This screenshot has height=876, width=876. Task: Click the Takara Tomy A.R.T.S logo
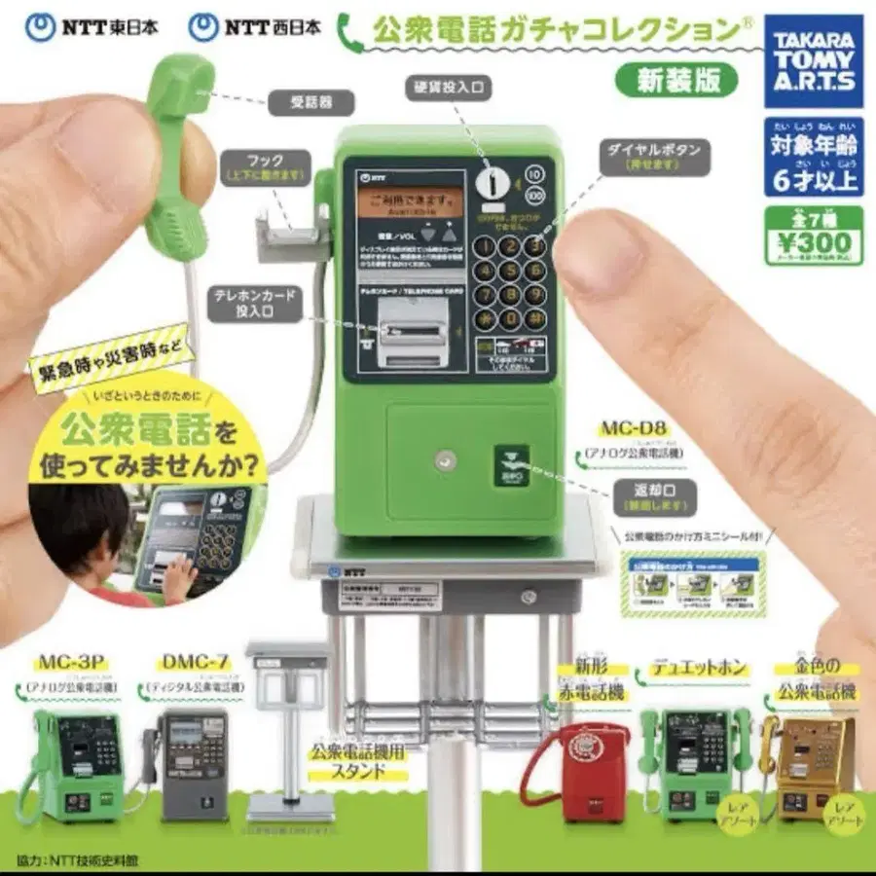coord(813,60)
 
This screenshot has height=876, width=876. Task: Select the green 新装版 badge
coord(678,80)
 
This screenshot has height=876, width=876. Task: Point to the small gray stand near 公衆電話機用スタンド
coord(288,726)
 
